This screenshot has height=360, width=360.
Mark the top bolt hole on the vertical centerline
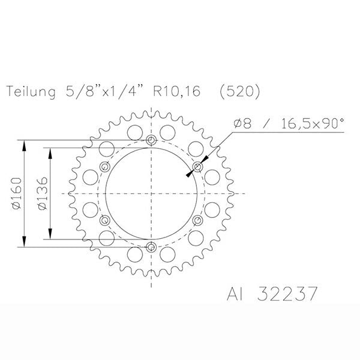coord(151,141)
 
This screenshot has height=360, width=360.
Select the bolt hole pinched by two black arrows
coord(197,167)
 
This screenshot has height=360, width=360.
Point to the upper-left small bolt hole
coord(106,167)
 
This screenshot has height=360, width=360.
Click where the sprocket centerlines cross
coord(151,193)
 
